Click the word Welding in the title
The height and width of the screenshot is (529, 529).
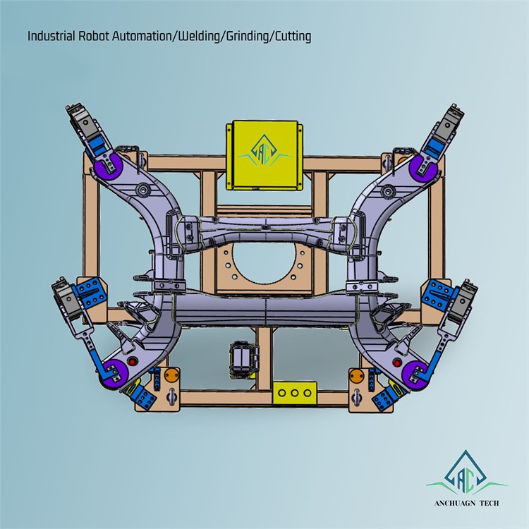click(199, 36)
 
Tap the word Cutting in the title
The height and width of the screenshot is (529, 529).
click(293, 36)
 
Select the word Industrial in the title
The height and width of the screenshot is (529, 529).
click(51, 36)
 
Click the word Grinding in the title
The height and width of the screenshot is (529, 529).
click(247, 36)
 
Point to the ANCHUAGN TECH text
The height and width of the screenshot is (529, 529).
click(467, 503)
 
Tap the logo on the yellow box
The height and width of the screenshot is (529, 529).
click(264, 151)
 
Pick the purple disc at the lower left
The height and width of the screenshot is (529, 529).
click(112, 373)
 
